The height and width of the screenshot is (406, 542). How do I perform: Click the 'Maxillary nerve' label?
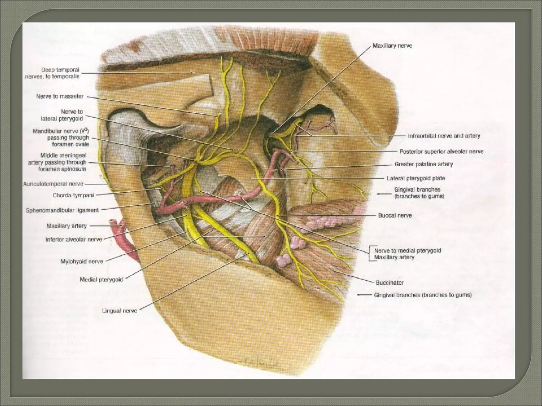coord(392,46)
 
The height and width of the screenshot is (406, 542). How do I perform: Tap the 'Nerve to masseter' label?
coord(60,96)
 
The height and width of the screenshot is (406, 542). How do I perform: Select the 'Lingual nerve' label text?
coord(119,311)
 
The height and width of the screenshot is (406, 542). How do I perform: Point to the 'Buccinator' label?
coord(390,283)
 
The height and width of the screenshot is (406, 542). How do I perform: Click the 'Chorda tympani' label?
coord(73,195)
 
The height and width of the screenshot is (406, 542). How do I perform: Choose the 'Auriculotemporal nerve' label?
coord(53,184)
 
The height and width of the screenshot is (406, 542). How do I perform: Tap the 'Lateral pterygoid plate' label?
coord(416,178)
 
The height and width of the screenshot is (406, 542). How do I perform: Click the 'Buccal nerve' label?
coord(395,215)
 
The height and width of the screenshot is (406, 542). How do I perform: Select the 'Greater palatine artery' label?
coord(424,164)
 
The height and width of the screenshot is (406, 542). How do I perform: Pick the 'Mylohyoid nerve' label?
coord(82,261)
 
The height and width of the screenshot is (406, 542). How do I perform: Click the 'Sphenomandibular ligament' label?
coord(62,210)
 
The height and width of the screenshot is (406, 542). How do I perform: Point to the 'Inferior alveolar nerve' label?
coord(74,239)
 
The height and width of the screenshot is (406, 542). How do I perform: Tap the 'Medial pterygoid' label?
coord(101,279)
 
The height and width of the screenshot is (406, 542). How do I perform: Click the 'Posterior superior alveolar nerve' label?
coord(441,151)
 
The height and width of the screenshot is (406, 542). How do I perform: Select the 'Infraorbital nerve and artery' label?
coord(444,136)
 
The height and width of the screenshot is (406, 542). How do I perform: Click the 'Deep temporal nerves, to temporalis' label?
coord(52,73)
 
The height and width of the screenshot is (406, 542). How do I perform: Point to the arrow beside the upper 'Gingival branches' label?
coord(384,194)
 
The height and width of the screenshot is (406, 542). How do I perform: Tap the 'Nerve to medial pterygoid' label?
coord(407,250)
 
